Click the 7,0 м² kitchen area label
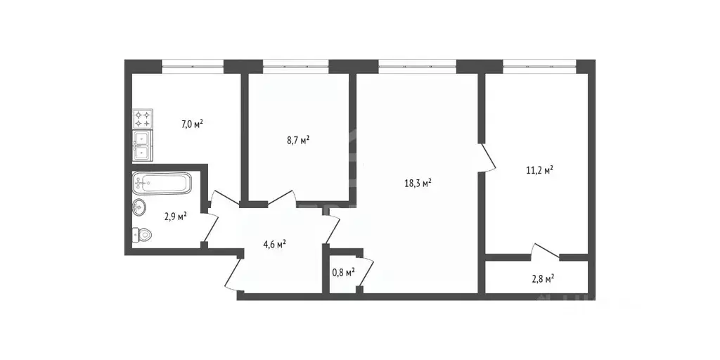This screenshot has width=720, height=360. (x=192, y=124)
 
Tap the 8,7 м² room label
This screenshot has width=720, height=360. (x=298, y=140)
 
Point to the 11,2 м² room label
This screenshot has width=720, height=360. (x=539, y=169)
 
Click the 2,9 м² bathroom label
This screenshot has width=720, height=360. (x=175, y=217)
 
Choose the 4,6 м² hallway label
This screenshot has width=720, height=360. (x=274, y=245)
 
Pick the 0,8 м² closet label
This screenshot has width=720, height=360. (x=342, y=271)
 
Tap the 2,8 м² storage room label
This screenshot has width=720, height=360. (x=542, y=278)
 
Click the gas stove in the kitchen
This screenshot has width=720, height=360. (x=143, y=118)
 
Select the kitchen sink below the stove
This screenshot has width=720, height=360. (x=142, y=145)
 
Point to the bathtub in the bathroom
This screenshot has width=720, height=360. (x=162, y=184)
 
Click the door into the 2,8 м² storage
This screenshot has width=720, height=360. (x=546, y=251)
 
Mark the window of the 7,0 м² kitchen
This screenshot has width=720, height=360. (x=193, y=66)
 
